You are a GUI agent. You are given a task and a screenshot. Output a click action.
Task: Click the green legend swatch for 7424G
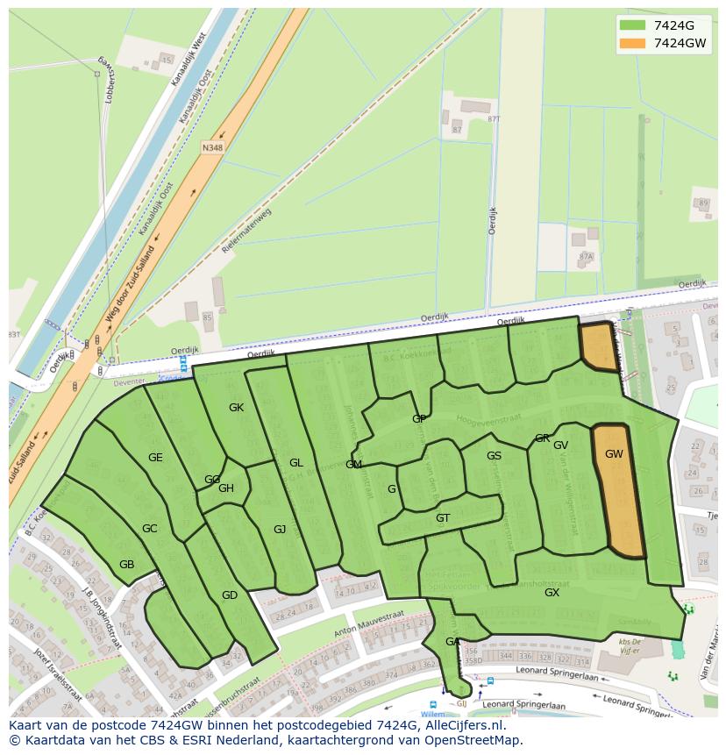pos(631,25)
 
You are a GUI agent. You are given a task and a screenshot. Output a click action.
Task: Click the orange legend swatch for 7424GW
pos(631,43)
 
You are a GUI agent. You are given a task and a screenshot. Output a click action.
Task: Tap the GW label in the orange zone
pos(614,454)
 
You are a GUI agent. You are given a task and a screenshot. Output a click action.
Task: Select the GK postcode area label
pos(236,408)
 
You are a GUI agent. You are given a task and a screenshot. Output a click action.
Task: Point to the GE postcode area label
pos(155,458)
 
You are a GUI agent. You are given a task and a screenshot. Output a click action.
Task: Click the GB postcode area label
pos(127,565)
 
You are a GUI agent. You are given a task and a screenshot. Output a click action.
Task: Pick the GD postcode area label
pos(230,595)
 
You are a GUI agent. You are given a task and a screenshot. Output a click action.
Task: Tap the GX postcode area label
pos(552,593)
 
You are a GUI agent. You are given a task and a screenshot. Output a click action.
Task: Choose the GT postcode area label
pos(443,518)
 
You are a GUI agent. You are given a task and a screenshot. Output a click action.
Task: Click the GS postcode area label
pos(494,456)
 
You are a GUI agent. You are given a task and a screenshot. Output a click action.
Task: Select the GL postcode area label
pos(296,463)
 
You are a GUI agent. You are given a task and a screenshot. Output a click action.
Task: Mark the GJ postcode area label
pos(280,530)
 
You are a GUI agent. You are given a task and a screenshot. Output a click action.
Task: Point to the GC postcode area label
pos(150,529)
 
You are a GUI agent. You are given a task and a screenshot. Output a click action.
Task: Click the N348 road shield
pos(212,148)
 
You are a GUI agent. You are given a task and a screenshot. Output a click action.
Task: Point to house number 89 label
pos(703,203)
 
